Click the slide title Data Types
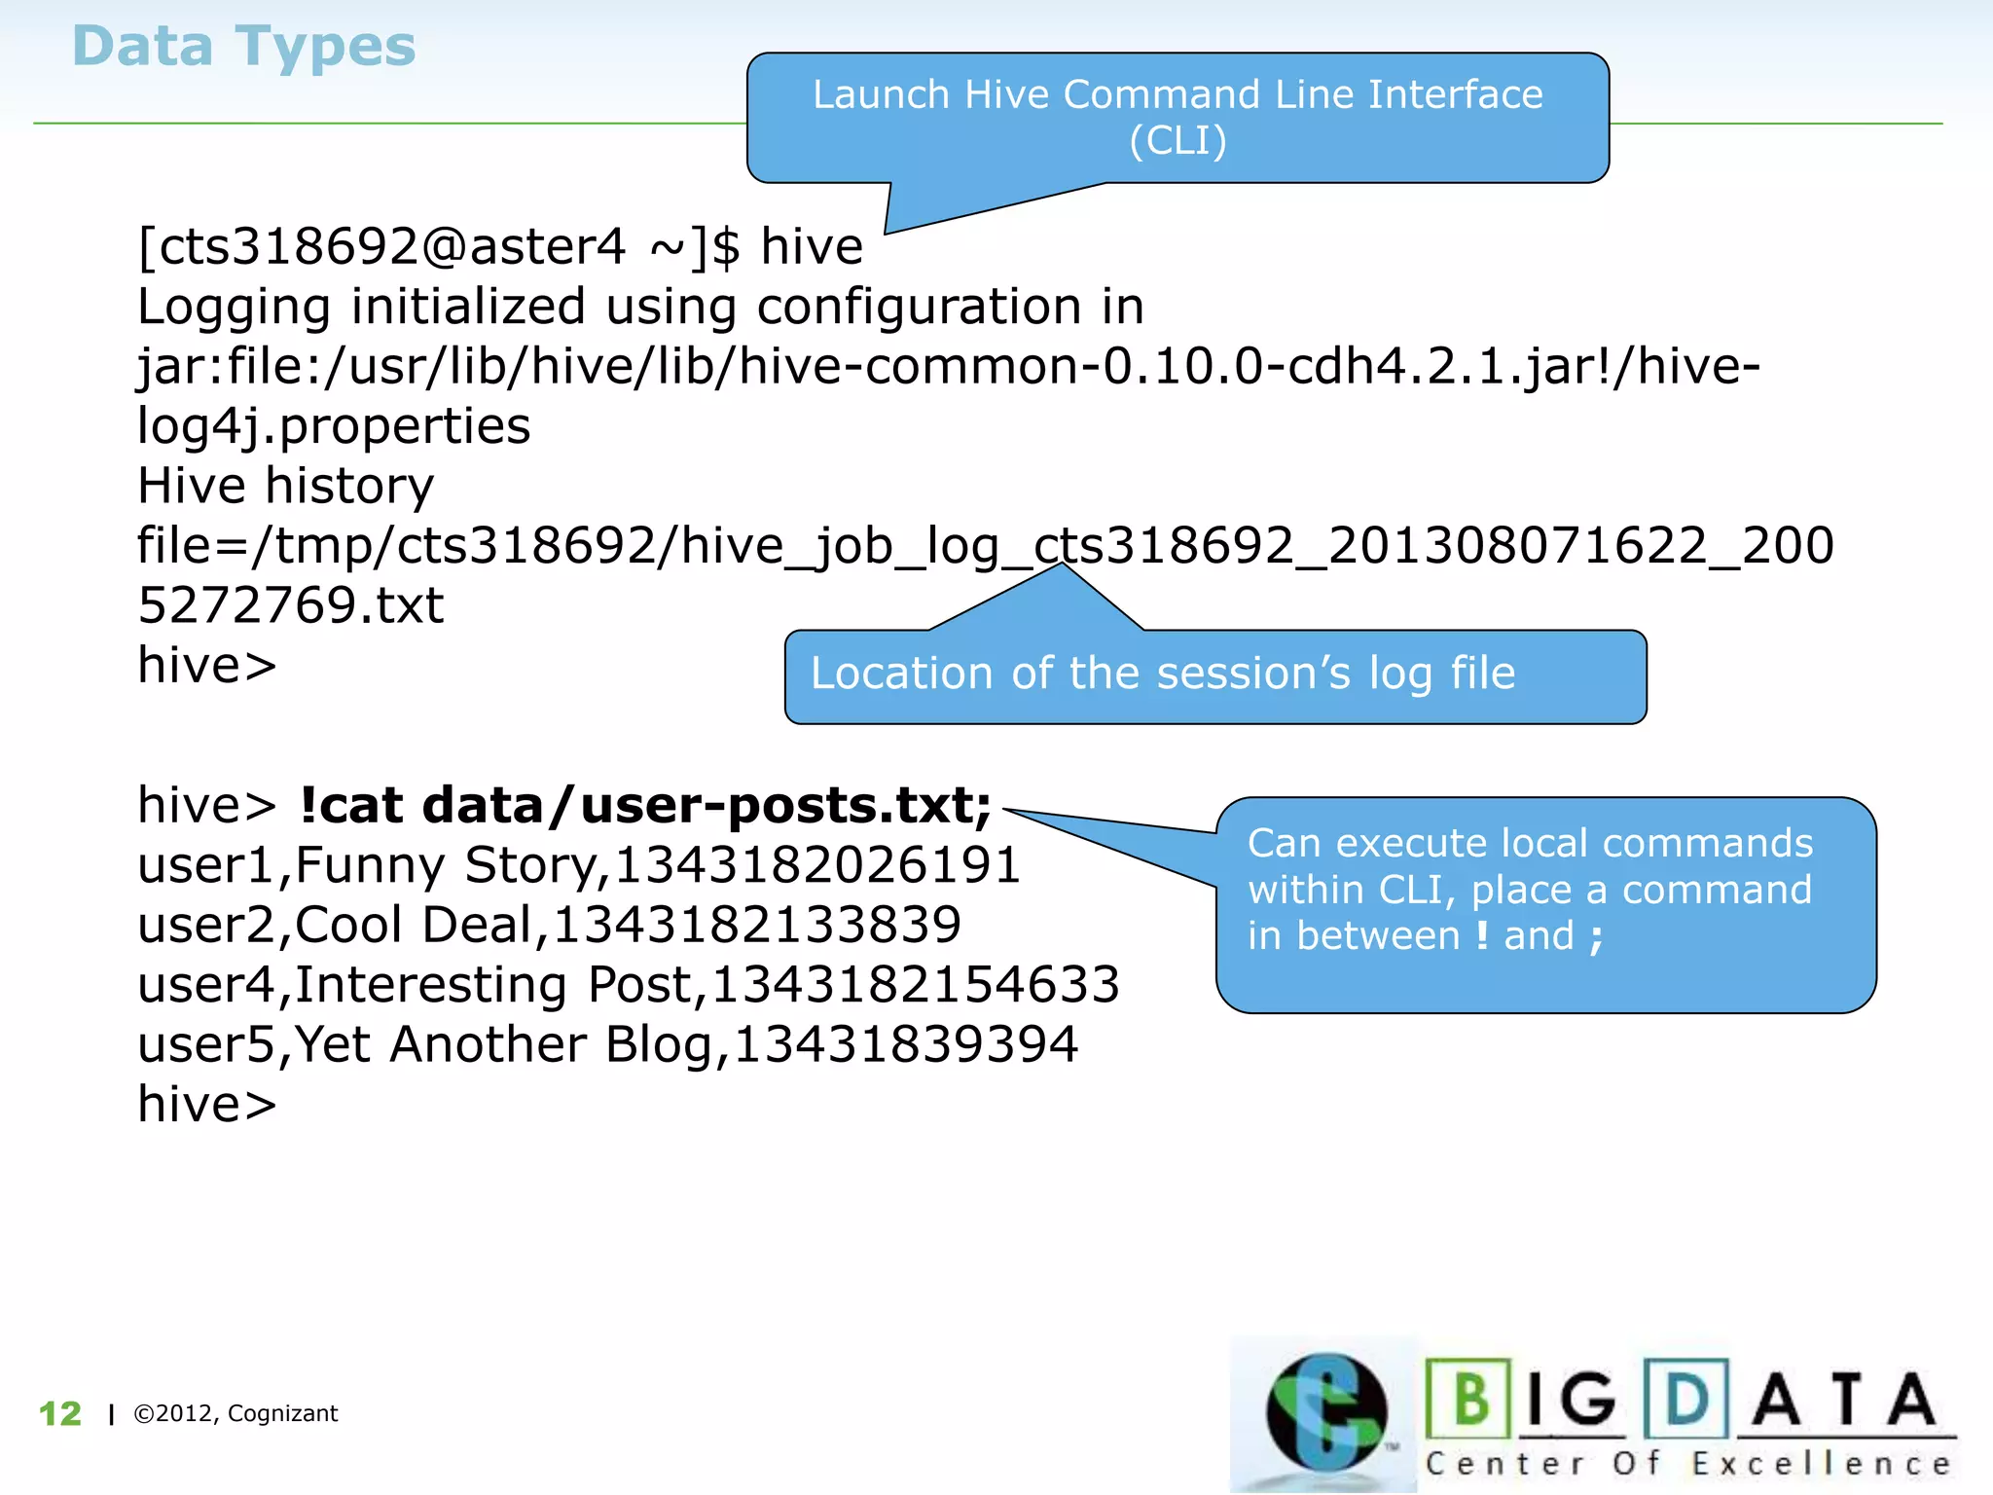(243, 47)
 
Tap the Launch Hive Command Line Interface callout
(1178, 117)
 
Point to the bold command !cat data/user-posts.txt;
(645, 806)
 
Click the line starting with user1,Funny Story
(579, 865)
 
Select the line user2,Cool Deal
(549, 925)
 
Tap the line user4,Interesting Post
(629, 985)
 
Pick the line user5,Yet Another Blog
(608, 1045)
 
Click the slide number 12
(60, 1413)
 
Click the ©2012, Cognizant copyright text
(236, 1413)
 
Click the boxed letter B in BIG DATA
(1469, 1399)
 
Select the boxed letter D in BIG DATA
(1686, 1399)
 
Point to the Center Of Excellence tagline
(1688, 1464)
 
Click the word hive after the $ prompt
(812, 246)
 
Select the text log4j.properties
(334, 426)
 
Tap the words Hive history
(285, 486)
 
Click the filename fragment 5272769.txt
(291, 605)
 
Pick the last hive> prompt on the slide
(207, 1105)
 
